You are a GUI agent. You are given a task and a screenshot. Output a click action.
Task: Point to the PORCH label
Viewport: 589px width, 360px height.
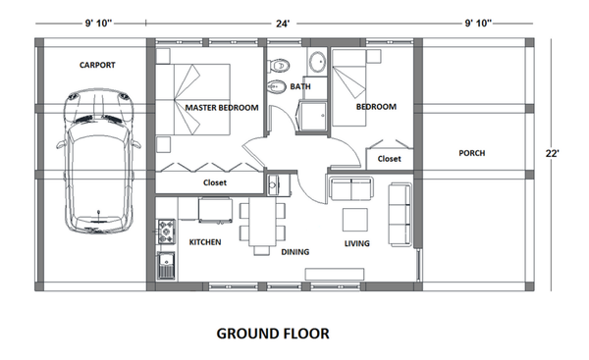471,153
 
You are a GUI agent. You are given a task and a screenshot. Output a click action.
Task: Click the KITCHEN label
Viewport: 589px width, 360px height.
204,241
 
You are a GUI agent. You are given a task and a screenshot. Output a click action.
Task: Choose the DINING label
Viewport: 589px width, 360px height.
295,252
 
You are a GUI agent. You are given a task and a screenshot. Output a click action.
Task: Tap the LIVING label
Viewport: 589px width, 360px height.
355,243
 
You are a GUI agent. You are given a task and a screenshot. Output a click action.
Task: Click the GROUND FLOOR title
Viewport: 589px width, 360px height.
273,334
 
